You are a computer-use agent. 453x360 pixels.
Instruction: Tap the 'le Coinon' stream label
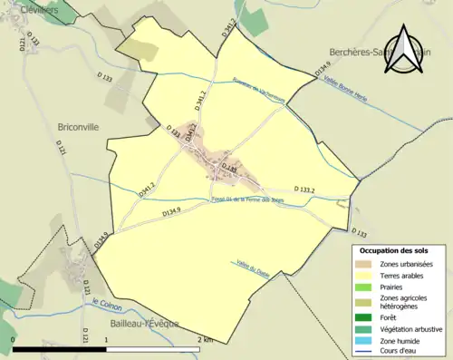(107, 305)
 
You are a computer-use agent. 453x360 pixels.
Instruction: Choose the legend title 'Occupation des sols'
(394, 249)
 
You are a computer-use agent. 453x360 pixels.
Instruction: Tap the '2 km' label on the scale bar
(206, 339)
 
